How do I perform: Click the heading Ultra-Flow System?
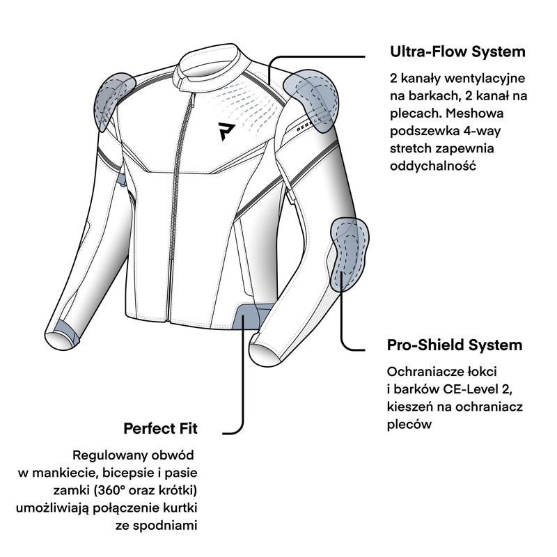click(457, 52)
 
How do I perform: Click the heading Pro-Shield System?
click(455, 345)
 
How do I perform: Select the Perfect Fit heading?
click(160, 429)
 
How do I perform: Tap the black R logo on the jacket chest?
click(226, 131)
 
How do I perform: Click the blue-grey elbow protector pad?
click(350, 254)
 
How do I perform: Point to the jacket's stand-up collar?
click(210, 68)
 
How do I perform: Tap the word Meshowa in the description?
click(475, 113)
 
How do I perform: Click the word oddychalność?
click(432, 166)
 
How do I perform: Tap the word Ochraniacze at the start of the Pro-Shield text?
click(424, 372)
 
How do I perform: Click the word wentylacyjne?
click(485, 79)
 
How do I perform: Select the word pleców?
click(409, 425)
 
